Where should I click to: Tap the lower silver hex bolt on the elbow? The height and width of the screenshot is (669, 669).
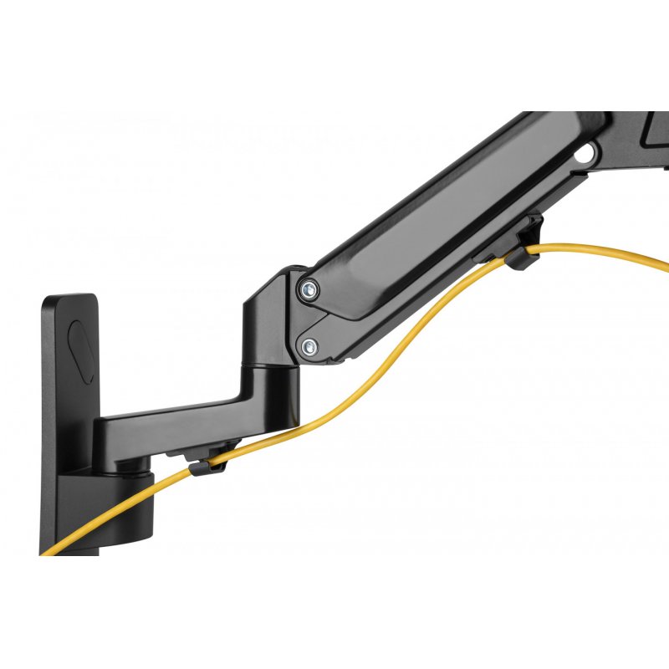(310, 344)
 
